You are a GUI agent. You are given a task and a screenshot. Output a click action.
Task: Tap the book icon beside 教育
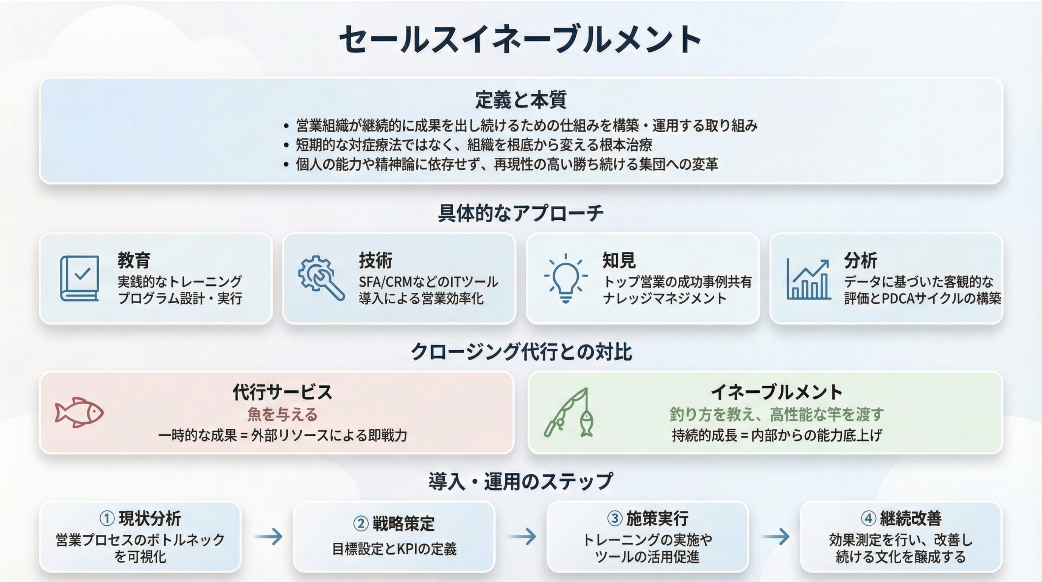pos(79,278)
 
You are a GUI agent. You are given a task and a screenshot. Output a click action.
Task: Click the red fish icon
pos(79,413)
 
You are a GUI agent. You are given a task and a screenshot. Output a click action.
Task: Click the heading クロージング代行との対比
pos(521,352)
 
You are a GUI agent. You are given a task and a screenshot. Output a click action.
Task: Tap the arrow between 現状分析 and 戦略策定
pos(268,537)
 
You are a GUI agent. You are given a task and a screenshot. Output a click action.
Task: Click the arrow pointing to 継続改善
pos(775,537)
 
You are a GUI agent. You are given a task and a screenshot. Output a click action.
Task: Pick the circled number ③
pos(614,518)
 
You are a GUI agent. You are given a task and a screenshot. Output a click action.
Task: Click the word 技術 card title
pos(375,261)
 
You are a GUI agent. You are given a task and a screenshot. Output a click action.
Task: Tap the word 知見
pos(619,261)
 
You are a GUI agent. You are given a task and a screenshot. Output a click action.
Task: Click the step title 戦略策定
pos(403,524)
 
